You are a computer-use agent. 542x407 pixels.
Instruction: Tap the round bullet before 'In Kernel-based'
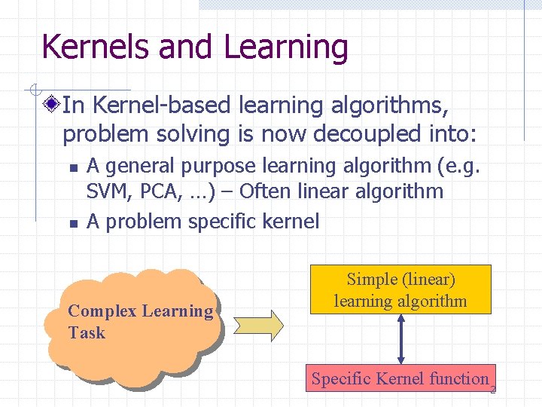(x=51, y=104)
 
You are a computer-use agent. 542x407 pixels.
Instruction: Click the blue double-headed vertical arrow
(x=401, y=339)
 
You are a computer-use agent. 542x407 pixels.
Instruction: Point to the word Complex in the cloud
(x=99, y=311)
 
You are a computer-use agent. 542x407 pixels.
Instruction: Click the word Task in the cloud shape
(x=86, y=332)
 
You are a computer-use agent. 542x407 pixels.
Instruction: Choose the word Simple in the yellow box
(x=371, y=280)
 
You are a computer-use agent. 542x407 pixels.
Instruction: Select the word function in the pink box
(x=459, y=378)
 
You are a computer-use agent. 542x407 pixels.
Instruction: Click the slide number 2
(x=493, y=390)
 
